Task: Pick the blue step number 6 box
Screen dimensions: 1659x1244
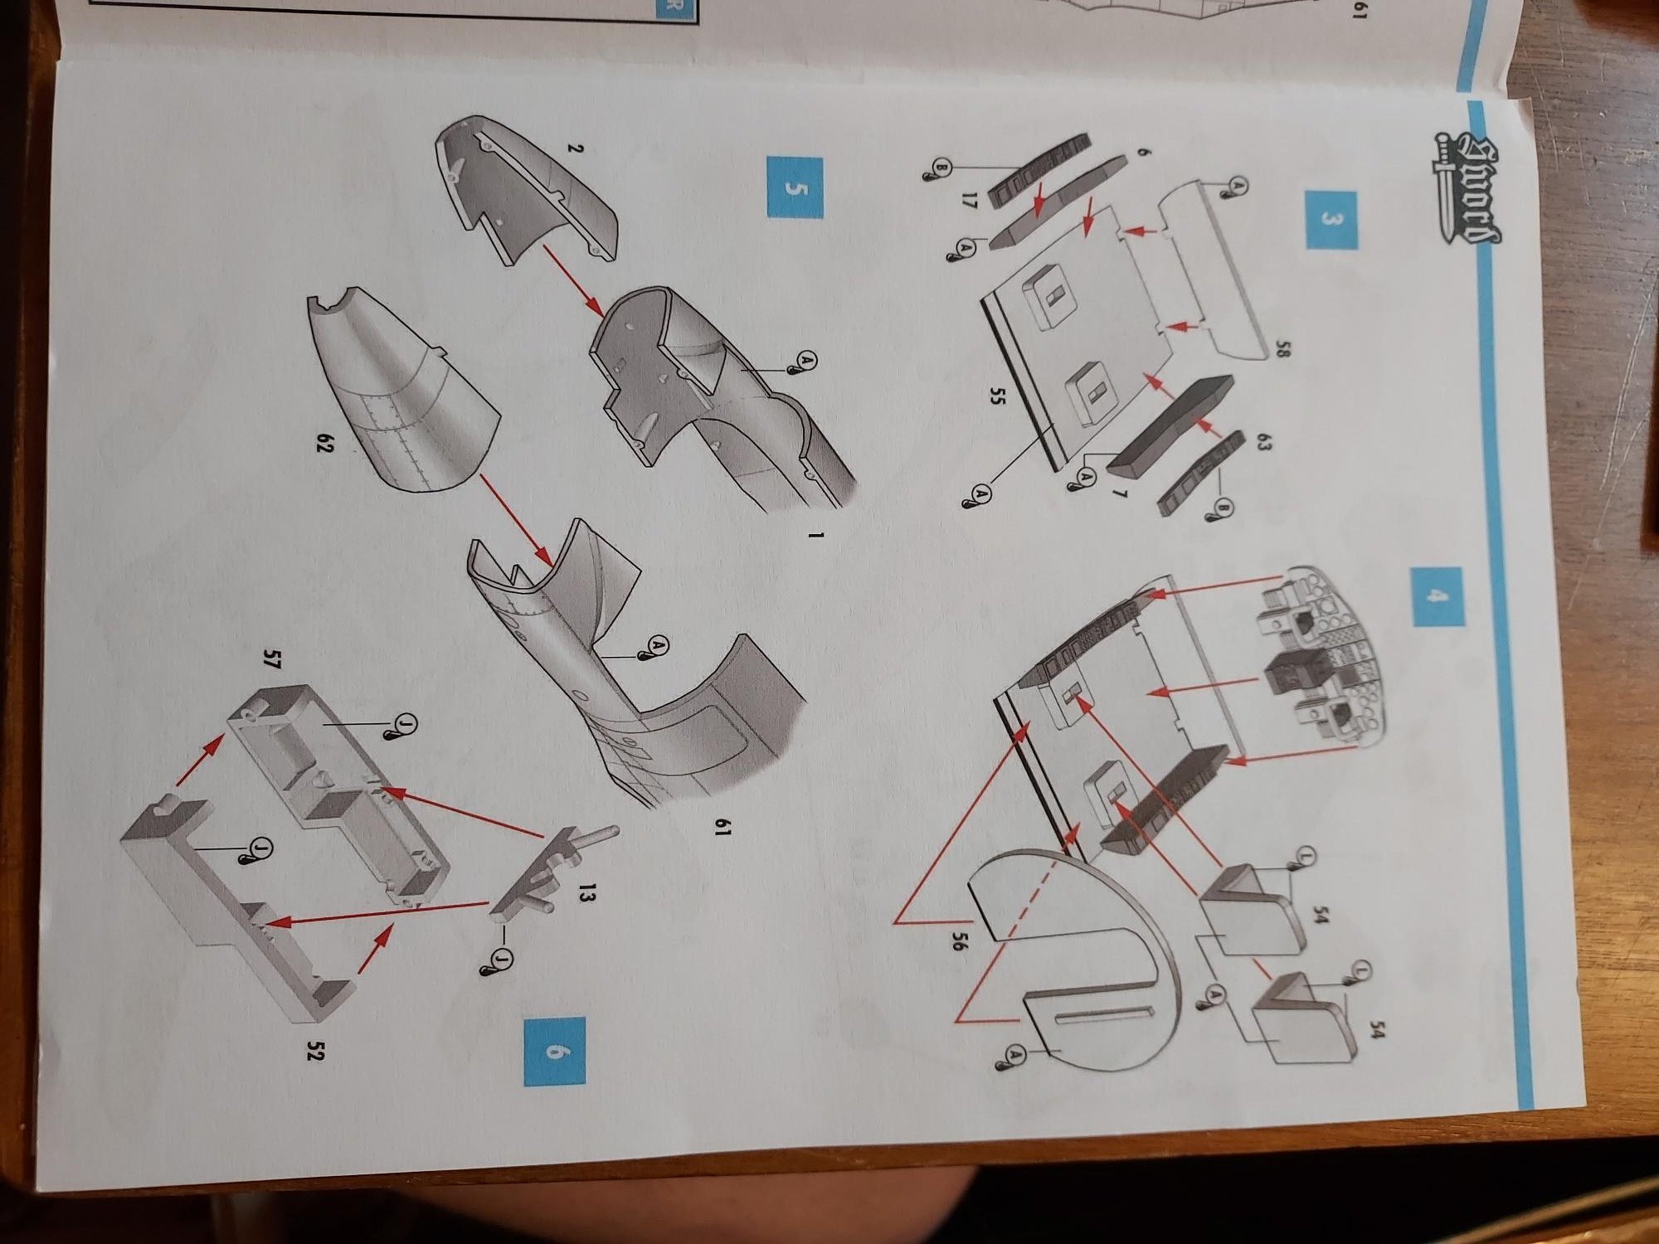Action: (x=555, y=1052)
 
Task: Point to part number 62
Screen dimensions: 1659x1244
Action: (x=324, y=445)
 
